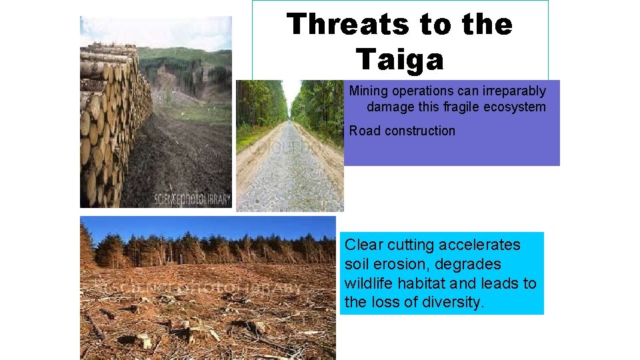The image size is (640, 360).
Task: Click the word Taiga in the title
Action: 399,60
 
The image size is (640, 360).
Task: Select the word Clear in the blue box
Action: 363,245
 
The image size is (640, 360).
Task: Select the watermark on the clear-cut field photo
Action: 200,287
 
